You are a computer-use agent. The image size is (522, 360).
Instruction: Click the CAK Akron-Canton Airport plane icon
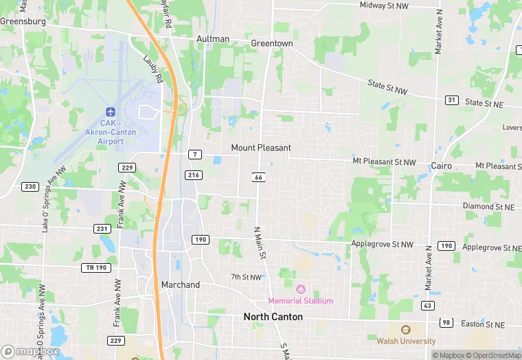point(111,111)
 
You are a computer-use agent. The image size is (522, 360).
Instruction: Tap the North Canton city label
point(273,317)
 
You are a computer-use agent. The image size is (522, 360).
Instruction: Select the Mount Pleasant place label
point(261,148)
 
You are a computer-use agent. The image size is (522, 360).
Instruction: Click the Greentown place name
point(271,43)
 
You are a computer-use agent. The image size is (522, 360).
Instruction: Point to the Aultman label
point(213,39)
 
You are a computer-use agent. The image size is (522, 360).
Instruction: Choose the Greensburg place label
point(23,21)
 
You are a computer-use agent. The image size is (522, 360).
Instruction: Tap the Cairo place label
point(441,166)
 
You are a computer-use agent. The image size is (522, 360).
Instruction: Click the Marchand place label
point(180,284)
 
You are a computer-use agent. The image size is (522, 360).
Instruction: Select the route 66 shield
point(259,177)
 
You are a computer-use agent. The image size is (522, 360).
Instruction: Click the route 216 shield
point(194,175)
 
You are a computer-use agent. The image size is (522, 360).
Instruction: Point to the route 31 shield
point(451,100)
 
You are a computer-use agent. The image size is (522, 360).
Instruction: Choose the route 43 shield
point(428,305)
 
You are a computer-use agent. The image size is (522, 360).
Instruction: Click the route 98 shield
point(446,323)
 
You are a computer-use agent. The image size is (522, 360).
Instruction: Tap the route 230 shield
point(30,186)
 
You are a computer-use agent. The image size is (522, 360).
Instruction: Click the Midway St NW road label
point(384,5)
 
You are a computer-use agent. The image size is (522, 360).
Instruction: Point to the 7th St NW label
point(246,278)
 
